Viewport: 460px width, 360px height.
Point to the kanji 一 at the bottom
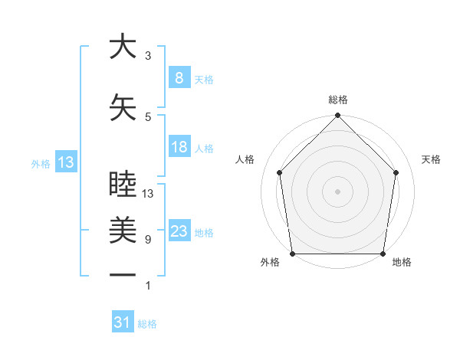tap(123, 273)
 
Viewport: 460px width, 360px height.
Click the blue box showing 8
tap(179, 78)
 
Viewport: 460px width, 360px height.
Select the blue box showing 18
tap(179, 147)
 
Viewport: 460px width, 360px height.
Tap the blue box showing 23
tap(179, 231)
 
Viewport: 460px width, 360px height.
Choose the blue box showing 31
tap(123, 322)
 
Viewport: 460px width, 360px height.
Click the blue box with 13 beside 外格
tap(65, 162)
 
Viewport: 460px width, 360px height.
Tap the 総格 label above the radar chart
tap(337, 100)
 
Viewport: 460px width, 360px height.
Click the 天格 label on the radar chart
tap(432, 159)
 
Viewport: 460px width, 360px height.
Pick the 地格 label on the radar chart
tap(402, 262)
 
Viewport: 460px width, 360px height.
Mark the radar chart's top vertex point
tap(337, 116)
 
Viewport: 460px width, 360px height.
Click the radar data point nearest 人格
tap(279, 172)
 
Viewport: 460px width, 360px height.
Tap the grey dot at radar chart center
tap(337, 191)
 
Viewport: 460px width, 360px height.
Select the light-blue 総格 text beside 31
tap(147, 324)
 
